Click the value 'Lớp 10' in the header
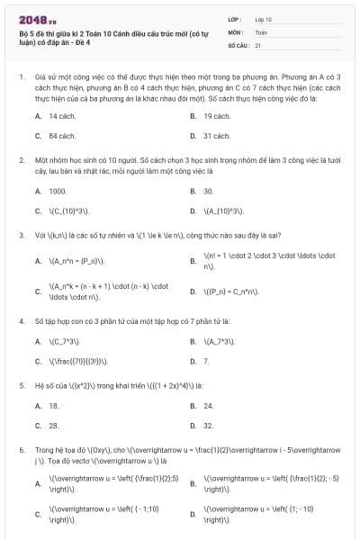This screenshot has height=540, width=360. click(263, 18)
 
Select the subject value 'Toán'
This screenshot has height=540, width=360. click(261, 31)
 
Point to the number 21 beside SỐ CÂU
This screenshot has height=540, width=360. click(258, 44)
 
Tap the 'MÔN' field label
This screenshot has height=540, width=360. click(235, 31)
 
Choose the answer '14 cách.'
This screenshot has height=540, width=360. click(61, 116)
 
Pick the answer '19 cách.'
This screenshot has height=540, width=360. click(217, 116)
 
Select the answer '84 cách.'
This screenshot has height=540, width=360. click(61, 136)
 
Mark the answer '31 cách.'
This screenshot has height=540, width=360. click(217, 136)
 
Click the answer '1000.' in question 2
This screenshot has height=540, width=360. click(58, 191)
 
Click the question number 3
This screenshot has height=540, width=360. click(21, 236)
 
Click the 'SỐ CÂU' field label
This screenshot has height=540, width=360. click(238, 44)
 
